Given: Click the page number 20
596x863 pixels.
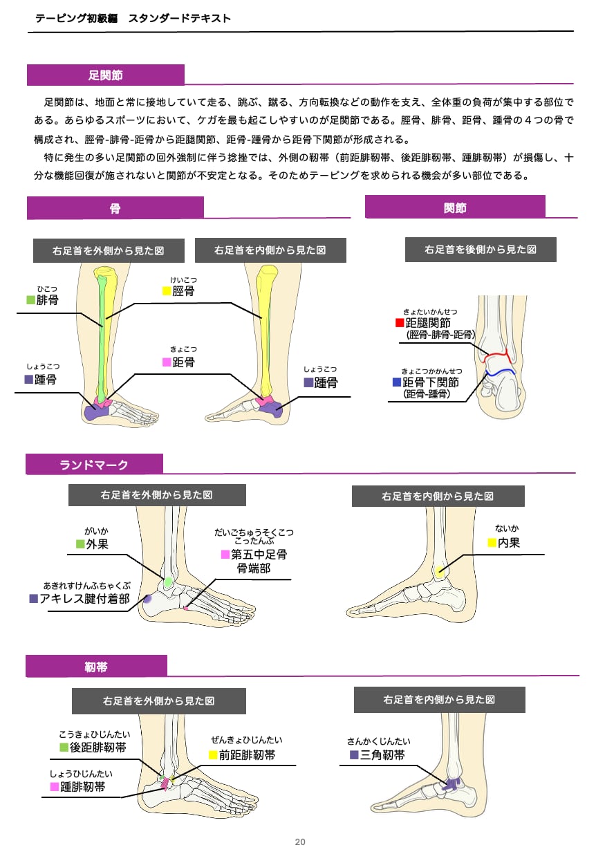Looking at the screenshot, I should point(300,842).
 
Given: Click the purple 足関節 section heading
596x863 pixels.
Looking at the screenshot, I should point(106,75).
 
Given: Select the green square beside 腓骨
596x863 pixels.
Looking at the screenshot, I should point(30,300).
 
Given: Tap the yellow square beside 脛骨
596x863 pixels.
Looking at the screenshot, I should point(166,291).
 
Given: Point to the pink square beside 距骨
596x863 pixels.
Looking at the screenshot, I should point(166,362).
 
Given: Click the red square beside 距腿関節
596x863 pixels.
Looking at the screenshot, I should point(399,323).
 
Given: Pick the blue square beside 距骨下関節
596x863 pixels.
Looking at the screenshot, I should point(397,382).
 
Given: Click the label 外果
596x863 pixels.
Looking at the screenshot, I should point(97,544).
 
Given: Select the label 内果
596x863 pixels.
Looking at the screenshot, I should point(509,543).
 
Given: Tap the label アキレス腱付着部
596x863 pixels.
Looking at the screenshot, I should point(84,599).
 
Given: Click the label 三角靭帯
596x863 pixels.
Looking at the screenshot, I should point(382,755).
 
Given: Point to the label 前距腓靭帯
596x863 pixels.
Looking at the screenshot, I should point(247,755).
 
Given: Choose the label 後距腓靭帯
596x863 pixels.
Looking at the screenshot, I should point(97,748).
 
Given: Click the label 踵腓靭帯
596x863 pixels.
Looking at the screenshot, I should point(83,787).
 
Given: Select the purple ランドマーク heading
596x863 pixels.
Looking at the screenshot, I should point(94,465).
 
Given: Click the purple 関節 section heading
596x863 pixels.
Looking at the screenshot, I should point(455,207).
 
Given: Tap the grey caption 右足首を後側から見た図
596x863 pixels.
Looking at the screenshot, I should point(481,250).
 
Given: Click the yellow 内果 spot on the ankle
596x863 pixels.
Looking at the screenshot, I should point(439,571).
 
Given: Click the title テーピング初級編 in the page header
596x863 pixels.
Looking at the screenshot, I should point(77,19).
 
